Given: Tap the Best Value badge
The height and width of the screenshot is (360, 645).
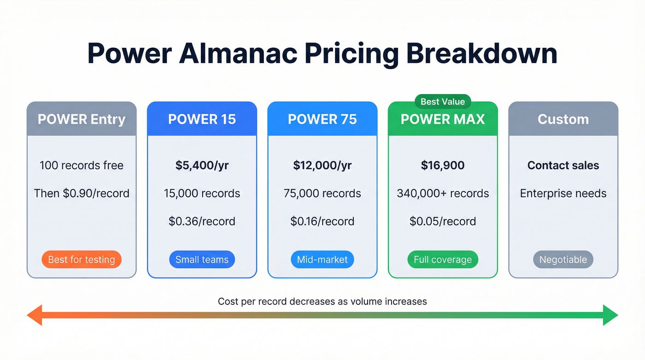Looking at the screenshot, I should click(443, 101).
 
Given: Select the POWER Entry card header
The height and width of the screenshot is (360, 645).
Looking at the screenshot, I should click(82, 119).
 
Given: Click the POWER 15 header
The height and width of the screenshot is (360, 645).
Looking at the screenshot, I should click(202, 119).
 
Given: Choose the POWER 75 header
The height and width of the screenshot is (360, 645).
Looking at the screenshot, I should click(322, 119).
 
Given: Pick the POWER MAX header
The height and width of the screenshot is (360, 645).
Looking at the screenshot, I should click(443, 119).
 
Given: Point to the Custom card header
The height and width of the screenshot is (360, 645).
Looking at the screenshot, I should click(563, 119).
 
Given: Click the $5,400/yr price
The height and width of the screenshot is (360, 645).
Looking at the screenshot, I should click(202, 165).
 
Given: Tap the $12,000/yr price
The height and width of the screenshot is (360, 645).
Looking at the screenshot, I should click(322, 165).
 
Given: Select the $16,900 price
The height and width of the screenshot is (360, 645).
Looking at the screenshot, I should click(443, 165).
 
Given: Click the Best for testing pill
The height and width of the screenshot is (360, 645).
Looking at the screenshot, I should click(82, 260).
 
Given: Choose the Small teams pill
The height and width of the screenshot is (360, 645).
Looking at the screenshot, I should click(202, 260).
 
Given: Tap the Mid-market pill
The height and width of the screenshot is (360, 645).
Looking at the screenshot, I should click(322, 260).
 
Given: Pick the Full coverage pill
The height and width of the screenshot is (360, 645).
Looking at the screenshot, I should click(443, 260).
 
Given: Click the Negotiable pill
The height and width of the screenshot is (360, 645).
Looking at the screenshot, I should click(563, 260).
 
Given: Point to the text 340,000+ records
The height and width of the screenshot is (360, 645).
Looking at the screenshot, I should click(443, 193).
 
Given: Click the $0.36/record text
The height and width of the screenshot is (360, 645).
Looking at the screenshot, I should click(202, 221).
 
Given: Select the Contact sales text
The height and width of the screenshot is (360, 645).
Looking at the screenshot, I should click(563, 165).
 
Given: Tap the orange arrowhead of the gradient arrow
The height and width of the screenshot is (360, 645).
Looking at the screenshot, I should click(34, 315).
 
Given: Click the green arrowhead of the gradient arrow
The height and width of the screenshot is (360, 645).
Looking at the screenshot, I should click(610, 315).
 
